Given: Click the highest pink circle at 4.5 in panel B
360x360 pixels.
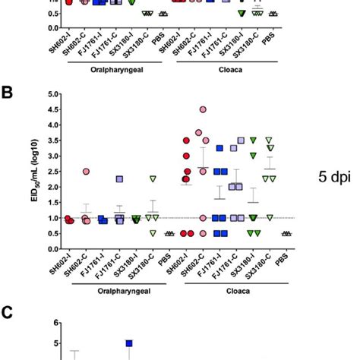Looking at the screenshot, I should pos(203,109).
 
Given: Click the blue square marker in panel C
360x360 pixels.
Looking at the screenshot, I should pos(129,343).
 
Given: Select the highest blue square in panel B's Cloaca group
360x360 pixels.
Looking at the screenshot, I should pos(219,148).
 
